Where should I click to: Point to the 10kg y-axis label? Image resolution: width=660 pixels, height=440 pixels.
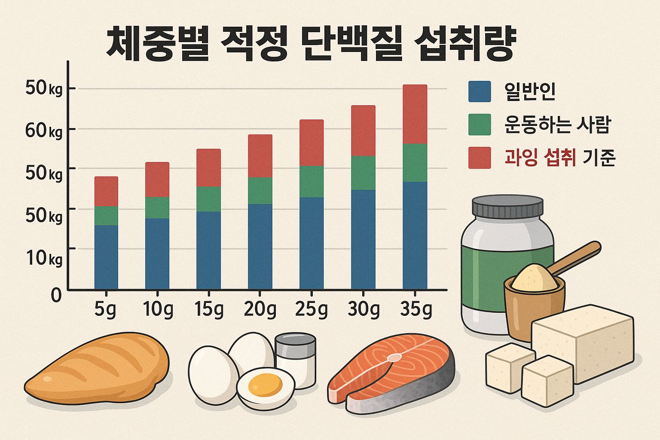(x=43, y=258)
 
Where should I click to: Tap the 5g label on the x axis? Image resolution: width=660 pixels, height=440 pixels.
(x=105, y=310)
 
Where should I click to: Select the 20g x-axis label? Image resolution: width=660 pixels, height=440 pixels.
(x=260, y=310)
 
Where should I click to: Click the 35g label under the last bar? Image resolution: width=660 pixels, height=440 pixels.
(x=415, y=310)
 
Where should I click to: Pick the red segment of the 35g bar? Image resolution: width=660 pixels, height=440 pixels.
(x=415, y=114)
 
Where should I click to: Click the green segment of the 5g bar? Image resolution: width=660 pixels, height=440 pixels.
(x=106, y=216)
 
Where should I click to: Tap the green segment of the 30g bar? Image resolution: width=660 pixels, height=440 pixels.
(x=363, y=173)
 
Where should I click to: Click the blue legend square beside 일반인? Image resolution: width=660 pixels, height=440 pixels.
(x=479, y=92)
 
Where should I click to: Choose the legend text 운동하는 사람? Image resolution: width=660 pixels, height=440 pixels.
(x=557, y=125)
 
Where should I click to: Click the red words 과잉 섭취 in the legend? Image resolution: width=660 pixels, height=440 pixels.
(x=540, y=158)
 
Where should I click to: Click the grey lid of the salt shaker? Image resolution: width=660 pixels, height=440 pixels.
(x=295, y=343)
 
